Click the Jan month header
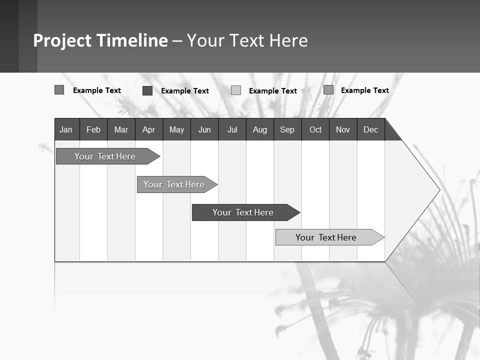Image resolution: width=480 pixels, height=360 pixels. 66,129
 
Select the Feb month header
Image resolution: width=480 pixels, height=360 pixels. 93,129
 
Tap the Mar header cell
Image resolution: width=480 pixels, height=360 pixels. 121,129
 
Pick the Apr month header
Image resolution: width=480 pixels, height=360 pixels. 148,129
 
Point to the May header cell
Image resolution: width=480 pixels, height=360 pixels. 176,129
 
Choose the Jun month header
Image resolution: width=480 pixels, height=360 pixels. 204,129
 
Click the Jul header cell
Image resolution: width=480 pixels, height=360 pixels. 232,129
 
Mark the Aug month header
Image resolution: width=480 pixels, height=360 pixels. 260,129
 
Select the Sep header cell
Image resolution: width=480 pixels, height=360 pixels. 287,129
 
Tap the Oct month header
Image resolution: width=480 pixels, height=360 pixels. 315,129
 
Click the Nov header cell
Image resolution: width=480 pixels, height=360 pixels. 343,129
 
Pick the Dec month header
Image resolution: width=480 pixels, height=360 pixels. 371,129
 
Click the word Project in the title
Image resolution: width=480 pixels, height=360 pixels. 62,40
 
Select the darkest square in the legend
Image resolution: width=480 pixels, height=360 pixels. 147,90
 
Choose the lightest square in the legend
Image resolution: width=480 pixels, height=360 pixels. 236,90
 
